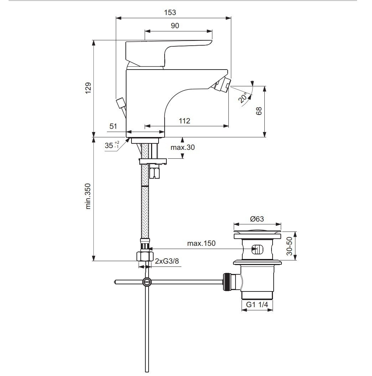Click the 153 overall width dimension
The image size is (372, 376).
[170, 12]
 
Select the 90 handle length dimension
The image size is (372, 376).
[175, 26]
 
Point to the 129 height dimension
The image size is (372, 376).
[88, 88]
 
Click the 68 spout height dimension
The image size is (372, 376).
[259, 111]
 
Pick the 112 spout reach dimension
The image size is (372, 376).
[184, 121]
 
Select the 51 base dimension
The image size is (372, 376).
[113, 126]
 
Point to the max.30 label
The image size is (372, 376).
[182, 147]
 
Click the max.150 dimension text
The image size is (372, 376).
[201, 244]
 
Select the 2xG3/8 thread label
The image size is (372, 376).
[167, 261]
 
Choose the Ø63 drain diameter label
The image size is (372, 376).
[257, 219]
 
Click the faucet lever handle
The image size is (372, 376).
[167, 50]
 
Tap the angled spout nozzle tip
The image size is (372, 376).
[223, 85]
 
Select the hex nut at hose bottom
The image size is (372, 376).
[145, 256]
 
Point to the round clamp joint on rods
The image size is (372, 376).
[147, 282]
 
